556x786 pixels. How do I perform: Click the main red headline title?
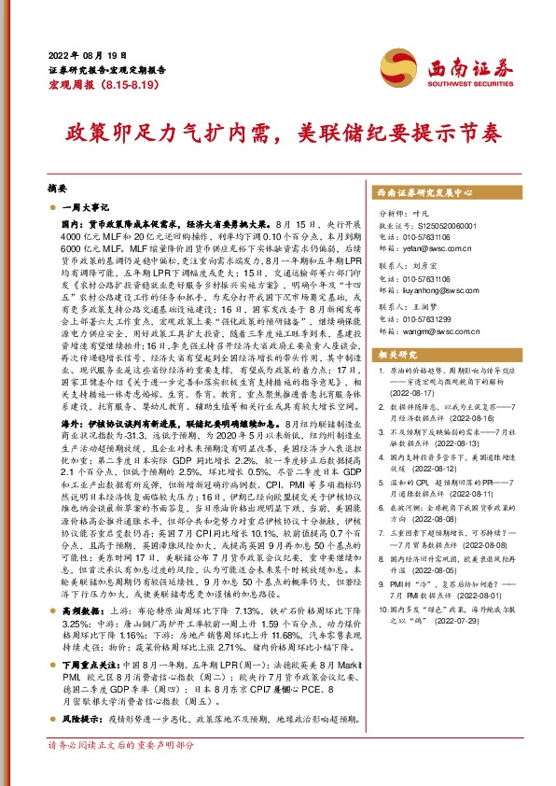click(277, 133)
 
